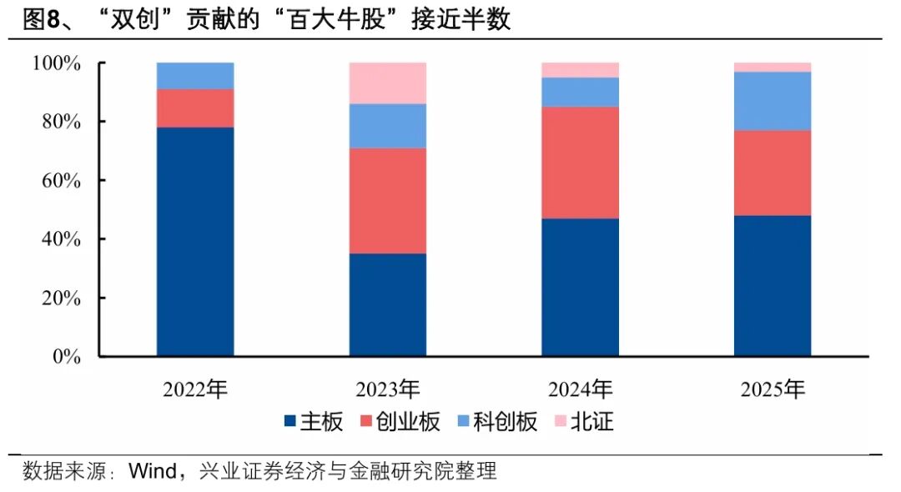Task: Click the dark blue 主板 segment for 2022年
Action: point(195,242)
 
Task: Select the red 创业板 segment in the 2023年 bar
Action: point(388,201)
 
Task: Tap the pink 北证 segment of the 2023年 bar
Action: point(388,83)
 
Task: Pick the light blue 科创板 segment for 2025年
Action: point(773,101)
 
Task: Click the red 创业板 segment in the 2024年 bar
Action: point(580,163)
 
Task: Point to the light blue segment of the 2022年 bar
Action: point(195,76)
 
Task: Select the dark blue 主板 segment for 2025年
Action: point(773,286)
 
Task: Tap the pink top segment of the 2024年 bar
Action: point(580,70)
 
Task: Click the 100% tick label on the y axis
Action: point(56,63)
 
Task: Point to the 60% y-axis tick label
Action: point(60,181)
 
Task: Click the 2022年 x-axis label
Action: point(195,389)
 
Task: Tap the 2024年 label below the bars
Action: point(580,389)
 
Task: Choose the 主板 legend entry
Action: point(321,423)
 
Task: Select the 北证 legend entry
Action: point(592,423)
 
